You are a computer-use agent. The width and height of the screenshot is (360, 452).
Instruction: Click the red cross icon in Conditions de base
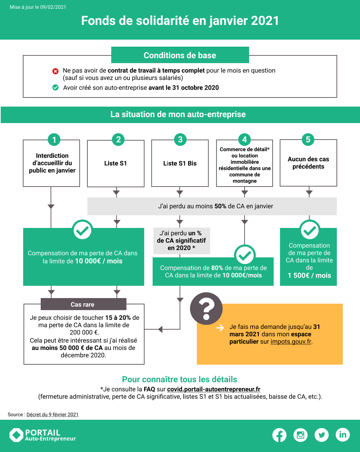pyautogui.click(x=55, y=72)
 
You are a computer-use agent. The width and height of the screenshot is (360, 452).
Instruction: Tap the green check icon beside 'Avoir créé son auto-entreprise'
pyautogui.click(x=55, y=87)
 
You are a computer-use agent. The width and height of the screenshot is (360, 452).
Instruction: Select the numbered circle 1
pyautogui.click(x=54, y=140)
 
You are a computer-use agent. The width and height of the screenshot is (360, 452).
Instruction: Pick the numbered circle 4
pyautogui.click(x=245, y=140)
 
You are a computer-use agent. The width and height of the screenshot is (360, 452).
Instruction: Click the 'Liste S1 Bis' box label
pyautogui.click(x=180, y=163)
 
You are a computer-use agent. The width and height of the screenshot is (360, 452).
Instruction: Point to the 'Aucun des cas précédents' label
pyautogui.click(x=308, y=163)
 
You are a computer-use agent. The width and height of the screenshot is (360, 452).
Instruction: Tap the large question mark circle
pyautogui.click(x=206, y=309)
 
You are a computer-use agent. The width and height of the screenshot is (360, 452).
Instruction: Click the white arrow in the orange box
pyautogui.click(x=220, y=328)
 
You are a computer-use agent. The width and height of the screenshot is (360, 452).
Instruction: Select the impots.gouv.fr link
pyautogui.click(x=291, y=342)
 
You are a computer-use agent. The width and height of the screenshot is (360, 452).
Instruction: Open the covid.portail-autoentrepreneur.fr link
pyautogui.click(x=214, y=389)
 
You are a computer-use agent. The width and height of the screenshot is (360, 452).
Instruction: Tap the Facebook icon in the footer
pyautogui.click(x=279, y=435)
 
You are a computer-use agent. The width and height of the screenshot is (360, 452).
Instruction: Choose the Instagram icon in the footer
pyautogui.click(x=300, y=435)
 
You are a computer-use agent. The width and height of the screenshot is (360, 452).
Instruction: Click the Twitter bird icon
pyautogui.click(x=321, y=435)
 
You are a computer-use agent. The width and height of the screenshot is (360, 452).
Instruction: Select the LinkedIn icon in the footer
pyautogui.click(x=342, y=435)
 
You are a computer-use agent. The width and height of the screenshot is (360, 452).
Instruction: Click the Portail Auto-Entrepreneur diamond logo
pyautogui.click(x=16, y=435)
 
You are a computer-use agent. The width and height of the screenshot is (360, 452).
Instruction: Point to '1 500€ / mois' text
pyautogui.click(x=309, y=275)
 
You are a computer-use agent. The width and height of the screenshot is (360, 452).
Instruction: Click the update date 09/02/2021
pyautogui.click(x=53, y=7)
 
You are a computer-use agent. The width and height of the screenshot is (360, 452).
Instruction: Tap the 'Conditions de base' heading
pyautogui.click(x=180, y=55)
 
